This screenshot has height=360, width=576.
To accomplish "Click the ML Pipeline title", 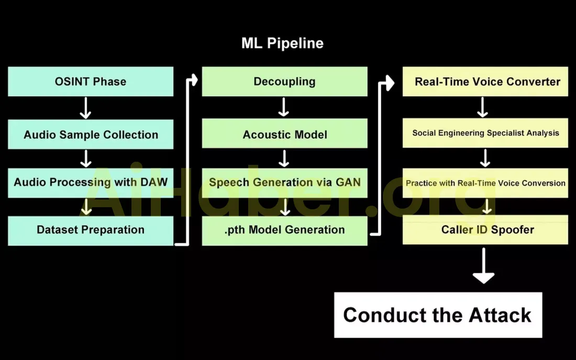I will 282,43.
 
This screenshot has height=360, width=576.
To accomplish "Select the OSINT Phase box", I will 91,82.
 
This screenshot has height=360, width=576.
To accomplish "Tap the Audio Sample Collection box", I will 91,134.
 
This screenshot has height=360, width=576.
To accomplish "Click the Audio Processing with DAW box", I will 91,182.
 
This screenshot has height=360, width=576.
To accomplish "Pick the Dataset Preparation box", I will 91,230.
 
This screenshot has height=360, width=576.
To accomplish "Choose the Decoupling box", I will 284,82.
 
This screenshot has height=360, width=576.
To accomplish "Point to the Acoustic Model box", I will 284,134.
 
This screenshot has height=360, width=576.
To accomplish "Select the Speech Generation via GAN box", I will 284,182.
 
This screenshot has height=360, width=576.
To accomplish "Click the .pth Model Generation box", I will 284,230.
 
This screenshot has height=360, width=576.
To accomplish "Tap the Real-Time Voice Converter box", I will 485,82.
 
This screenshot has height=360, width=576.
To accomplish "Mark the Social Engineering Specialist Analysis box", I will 485,133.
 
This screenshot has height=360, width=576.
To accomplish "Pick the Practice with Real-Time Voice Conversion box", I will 485,183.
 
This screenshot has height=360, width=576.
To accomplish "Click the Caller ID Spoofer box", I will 485,230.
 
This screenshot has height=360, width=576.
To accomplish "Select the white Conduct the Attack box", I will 438,315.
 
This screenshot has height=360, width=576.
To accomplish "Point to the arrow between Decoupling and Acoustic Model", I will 283,108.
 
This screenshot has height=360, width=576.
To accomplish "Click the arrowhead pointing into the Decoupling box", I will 194,81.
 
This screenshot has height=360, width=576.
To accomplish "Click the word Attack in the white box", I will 500,315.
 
